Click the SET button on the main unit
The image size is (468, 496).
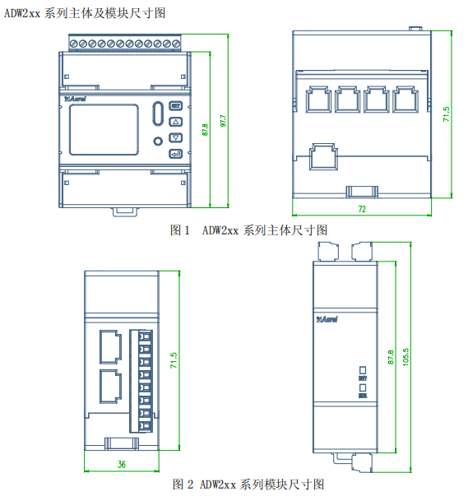[175, 106]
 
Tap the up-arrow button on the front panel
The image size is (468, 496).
[175, 122]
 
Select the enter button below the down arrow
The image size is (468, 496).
[175, 154]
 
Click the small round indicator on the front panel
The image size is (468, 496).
[159, 141]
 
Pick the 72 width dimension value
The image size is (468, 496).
[361, 210]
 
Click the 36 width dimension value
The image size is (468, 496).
[121, 465]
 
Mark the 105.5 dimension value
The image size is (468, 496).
[405, 358]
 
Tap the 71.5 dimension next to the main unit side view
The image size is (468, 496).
[447, 114]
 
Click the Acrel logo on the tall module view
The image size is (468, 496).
[328, 318]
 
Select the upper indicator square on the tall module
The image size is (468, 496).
[362, 369]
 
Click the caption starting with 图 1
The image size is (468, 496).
[248, 230]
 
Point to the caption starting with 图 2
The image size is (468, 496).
[248, 484]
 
